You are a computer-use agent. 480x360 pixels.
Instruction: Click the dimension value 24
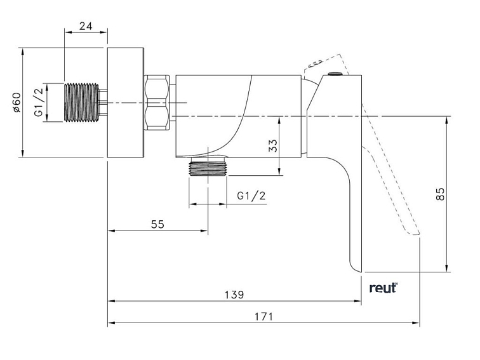coord(86,26)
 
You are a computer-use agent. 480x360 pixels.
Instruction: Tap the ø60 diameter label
coord(17,102)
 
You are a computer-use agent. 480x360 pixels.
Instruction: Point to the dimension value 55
coord(157,223)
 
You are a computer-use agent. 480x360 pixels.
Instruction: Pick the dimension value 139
coord(234,295)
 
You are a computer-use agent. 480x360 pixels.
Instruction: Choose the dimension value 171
coord(263,316)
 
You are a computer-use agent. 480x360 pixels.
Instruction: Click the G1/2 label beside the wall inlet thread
coord(39,102)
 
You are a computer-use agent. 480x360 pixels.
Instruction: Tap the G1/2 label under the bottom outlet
coord(251,196)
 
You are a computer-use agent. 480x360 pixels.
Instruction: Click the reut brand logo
coord(383,287)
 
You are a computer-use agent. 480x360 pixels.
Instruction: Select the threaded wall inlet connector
coord(83,102)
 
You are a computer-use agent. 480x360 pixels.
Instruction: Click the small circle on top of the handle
coord(335,76)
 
